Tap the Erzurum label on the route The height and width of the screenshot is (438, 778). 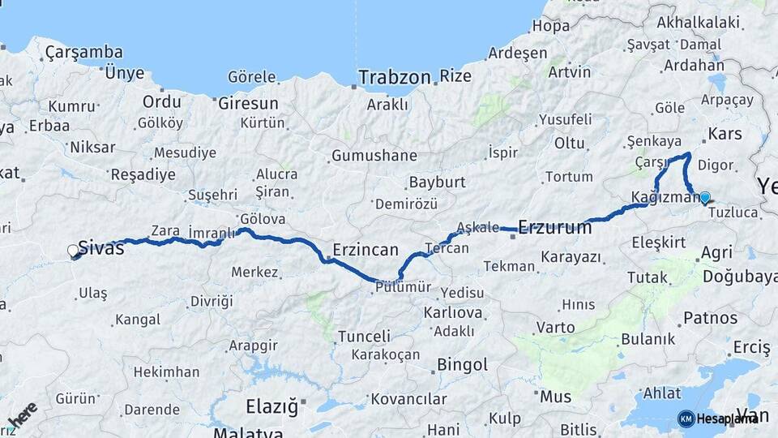point(554,228)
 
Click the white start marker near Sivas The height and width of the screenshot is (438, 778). point(73,251)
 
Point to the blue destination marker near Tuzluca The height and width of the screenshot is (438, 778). point(705,197)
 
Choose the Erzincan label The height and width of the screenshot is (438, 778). point(366,248)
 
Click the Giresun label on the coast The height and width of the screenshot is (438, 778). point(248,104)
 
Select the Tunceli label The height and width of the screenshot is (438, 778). point(364,336)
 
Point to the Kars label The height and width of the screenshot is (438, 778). point(725,133)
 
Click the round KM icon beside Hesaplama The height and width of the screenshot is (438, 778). point(686,419)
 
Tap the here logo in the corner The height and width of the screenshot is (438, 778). point(22,416)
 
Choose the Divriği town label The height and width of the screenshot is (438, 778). point(212,302)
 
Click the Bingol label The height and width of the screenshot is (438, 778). point(462,365)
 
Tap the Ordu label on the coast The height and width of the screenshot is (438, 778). point(162,102)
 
